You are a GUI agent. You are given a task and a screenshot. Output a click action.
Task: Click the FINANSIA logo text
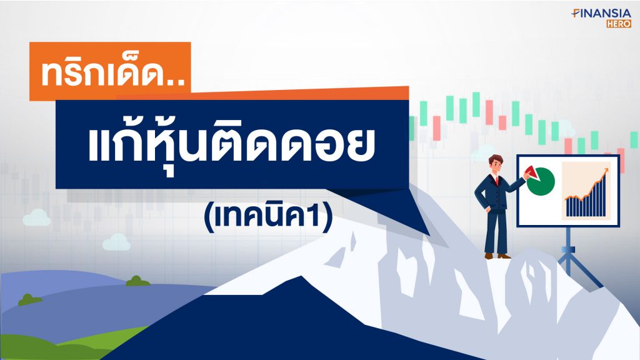[601, 14]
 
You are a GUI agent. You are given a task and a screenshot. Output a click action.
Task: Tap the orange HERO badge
[619, 24]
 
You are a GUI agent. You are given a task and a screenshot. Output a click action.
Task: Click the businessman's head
[496, 164]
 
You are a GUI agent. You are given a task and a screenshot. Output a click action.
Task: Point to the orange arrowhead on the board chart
[606, 171]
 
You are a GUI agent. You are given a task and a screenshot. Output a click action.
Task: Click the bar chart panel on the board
[586, 191]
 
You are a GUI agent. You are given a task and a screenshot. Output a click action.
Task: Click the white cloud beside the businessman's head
[482, 154]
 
